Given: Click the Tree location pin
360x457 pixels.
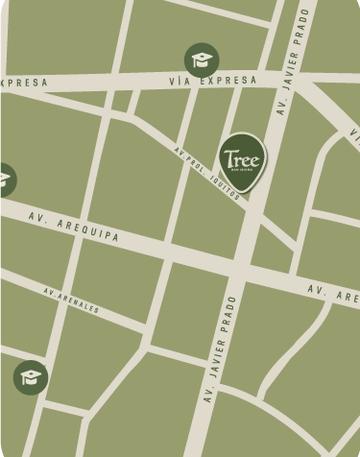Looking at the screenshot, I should tap(242, 159).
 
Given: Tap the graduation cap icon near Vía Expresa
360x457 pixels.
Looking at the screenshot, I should tap(202, 60).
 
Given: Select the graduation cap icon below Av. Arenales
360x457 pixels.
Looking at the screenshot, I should tap(31, 376).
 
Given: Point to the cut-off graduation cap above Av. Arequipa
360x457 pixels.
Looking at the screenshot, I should tap(5, 179).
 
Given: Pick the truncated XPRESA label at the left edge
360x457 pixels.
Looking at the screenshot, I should tap(23, 84).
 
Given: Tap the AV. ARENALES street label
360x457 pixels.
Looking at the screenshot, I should tap(71, 300).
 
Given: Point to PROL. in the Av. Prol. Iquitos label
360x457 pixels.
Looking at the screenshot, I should tap(196, 160).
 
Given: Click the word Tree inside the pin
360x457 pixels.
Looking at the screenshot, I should tap(242, 155).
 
